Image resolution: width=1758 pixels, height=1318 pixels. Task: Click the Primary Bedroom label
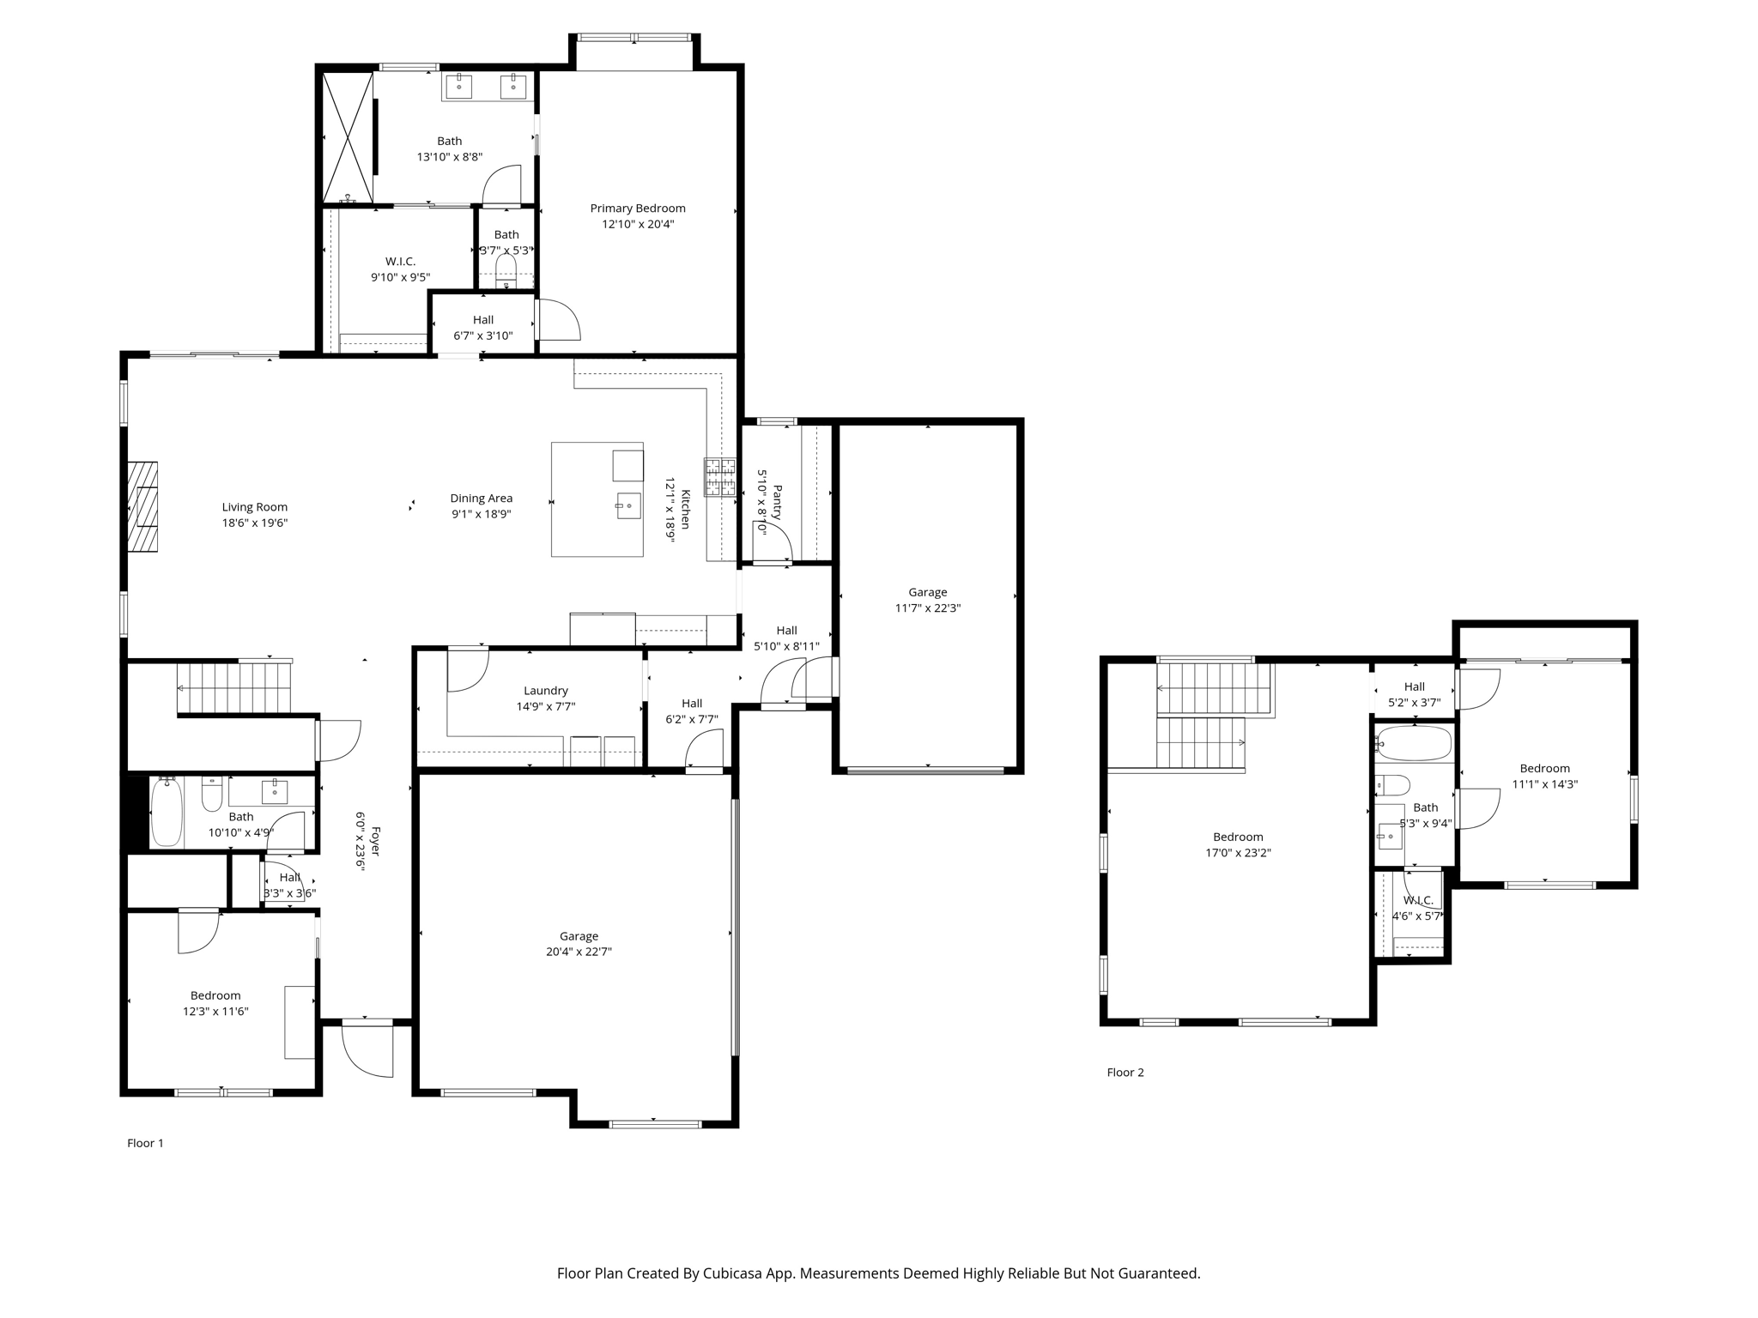[x=637, y=209]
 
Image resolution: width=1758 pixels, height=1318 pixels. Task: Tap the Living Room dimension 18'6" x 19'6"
[x=254, y=523]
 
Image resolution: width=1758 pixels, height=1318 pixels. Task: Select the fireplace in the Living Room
[x=142, y=507]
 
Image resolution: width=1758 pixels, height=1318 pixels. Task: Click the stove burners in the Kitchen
[x=720, y=477]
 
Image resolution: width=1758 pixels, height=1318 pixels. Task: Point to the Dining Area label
[x=481, y=499]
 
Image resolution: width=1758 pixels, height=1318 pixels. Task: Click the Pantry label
[x=777, y=503]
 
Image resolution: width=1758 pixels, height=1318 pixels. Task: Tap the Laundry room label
[x=545, y=691]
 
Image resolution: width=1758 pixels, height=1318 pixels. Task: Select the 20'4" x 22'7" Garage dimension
[x=579, y=952]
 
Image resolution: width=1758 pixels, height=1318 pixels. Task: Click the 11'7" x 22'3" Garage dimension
[x=927, y=608]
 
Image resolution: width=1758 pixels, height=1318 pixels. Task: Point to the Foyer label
[x=375, y=842]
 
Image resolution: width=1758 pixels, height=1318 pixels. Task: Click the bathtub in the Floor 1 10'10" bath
[x=167, y=813]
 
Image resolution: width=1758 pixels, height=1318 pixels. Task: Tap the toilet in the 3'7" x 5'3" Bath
[x=506, y=272]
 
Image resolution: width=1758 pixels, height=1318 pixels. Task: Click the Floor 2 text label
[x=1125, y=1073]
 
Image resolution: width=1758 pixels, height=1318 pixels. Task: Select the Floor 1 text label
[x=145, y=1143]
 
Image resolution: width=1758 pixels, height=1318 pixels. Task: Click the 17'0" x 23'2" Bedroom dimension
[x=1238, y=853]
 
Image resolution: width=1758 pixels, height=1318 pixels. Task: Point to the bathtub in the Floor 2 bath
[x=1414, y=744]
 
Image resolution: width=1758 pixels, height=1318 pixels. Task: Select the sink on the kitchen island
[x=628, y=506]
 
